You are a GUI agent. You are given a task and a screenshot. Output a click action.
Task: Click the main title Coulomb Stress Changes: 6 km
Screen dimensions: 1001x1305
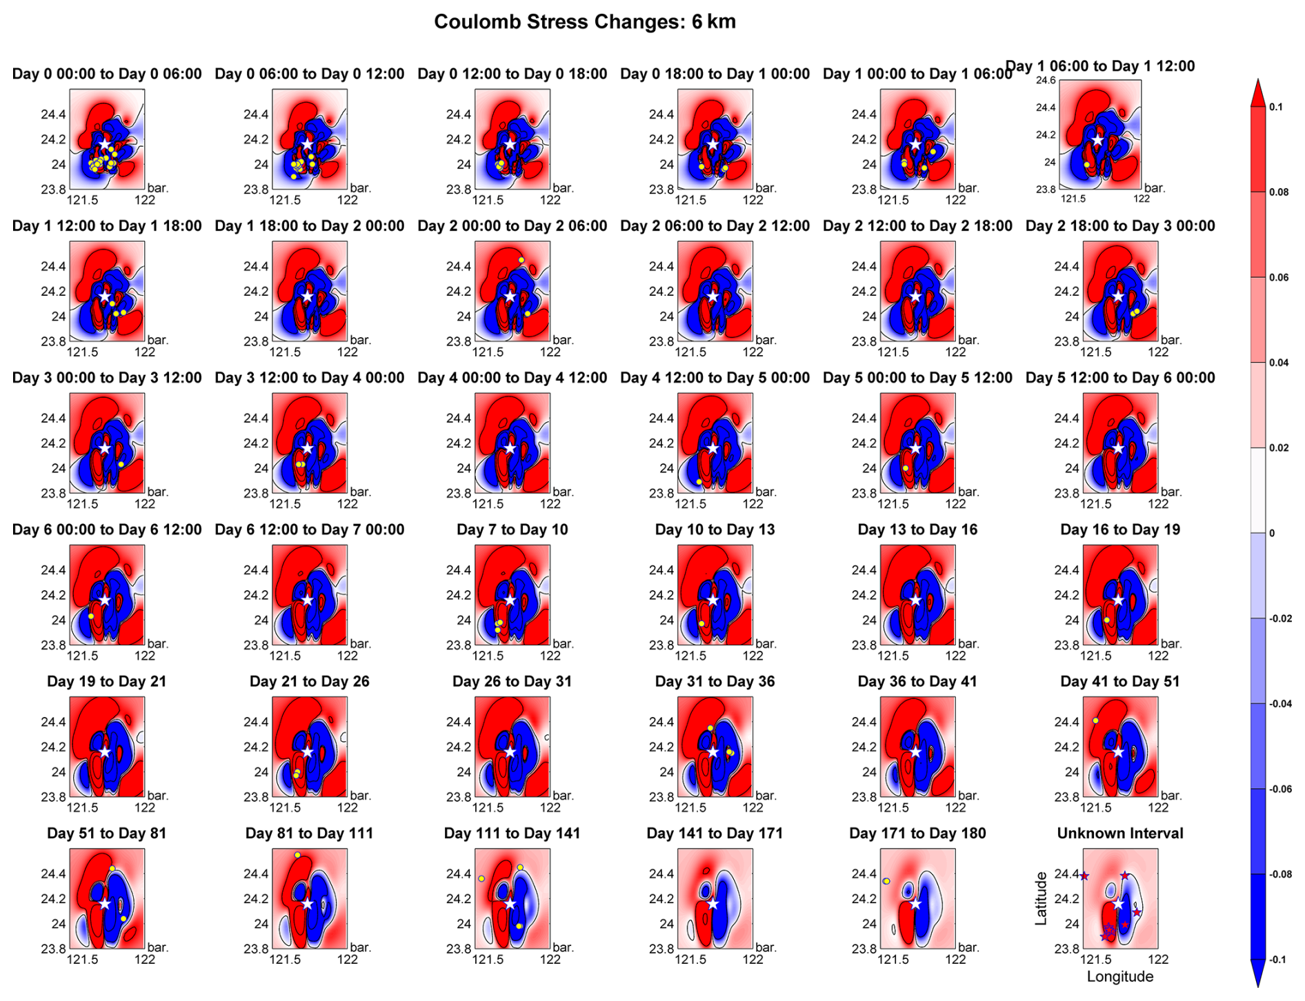pos(584,22)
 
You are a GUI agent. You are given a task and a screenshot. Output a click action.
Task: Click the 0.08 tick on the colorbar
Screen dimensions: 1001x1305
pos(1279,192)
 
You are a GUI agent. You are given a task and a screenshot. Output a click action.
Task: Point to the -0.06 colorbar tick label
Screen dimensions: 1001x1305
pos(1282,789)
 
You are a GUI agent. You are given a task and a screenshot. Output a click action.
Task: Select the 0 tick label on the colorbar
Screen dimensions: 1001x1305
pos(1273,533)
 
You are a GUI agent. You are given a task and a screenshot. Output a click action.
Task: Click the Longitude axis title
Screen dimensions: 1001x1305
pos(1120,977)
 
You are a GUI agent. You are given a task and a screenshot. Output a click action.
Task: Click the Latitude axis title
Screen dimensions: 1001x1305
pos(1041,898)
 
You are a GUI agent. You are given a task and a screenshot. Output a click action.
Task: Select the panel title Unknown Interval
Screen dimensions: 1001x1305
pos(1120,833)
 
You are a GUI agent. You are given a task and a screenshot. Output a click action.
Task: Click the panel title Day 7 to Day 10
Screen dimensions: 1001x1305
pos(512,530)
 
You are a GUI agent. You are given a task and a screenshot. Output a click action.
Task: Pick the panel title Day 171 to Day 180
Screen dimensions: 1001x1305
pos(917,833)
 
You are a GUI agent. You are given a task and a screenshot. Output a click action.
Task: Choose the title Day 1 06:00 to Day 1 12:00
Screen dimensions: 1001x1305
pos(1100,67)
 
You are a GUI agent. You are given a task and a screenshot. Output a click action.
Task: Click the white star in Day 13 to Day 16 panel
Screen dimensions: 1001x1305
pos(915,600)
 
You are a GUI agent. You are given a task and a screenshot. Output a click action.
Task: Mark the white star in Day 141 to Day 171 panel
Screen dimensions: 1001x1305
pos(713,904)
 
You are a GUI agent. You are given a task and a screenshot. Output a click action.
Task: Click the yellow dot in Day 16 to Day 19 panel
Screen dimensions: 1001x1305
pos(1107,620)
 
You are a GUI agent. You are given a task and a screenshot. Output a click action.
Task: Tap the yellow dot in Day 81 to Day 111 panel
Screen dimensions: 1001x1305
pos(297,855)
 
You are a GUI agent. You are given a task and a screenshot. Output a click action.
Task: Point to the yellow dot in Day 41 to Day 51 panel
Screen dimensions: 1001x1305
pos(1095,720)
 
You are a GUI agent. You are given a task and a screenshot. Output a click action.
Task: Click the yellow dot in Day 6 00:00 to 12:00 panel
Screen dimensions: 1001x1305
pos(91,616)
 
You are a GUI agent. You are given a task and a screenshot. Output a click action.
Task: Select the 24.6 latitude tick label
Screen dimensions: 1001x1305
pos(1046,81)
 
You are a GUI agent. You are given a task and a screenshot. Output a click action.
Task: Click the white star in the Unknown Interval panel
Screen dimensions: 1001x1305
pos(1118,904)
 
